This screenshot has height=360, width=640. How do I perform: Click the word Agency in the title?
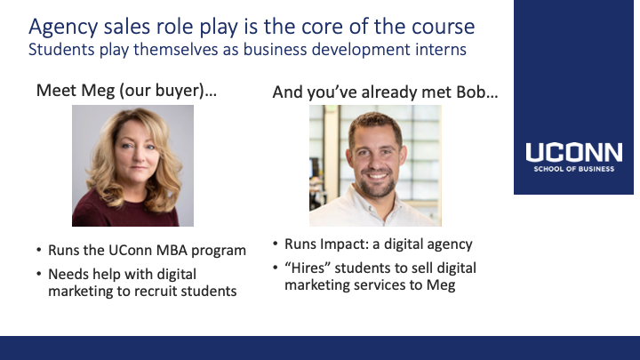[x=63, y=28]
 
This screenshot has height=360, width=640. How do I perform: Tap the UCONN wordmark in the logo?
[x=574, y=152]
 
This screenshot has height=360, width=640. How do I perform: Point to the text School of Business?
[x=574, y=169]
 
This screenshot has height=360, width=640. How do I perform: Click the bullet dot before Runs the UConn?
[x=39, y=250]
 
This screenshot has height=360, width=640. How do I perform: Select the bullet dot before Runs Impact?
[x=275, y=244]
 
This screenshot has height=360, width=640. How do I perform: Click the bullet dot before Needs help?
[x=39, y=274]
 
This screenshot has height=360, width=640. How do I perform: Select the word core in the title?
[x=320, y=27]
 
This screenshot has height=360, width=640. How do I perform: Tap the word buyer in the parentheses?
[x=180, y=91]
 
